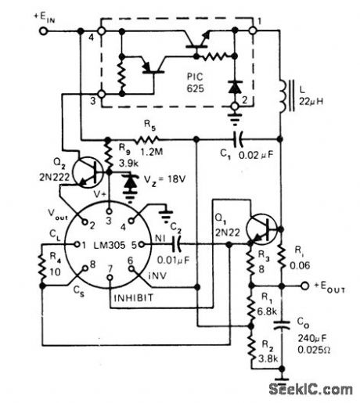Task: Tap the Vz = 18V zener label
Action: tap(164, 179)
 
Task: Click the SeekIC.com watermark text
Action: tap(316, 388)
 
